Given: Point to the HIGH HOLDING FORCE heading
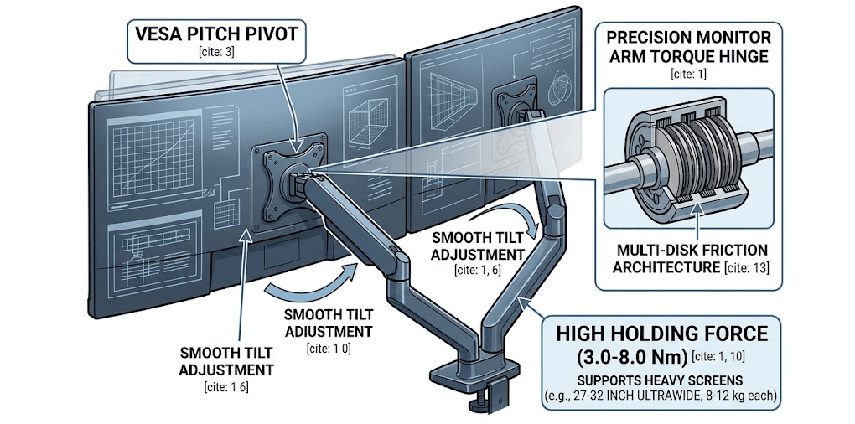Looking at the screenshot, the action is (x=662, y=334).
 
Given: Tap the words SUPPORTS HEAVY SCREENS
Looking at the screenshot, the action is (x=662, y=379).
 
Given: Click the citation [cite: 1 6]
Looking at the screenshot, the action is (x=226, y=387).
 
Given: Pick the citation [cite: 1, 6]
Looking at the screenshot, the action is (x=477, y=270).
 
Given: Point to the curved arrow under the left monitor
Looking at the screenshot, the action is (x=316, y=282).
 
